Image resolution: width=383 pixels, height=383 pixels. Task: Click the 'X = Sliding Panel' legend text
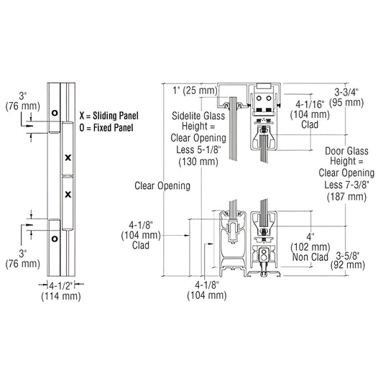click(113, 116)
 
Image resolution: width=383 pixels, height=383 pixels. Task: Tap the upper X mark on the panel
click(67, 157)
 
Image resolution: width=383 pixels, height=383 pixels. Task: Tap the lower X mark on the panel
click(67, 194)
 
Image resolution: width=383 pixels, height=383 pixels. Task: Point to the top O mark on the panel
click(53, 113)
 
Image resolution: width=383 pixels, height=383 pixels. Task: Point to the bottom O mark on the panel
click(53, 238)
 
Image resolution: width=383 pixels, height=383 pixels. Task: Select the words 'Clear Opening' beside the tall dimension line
click(162, 185)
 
